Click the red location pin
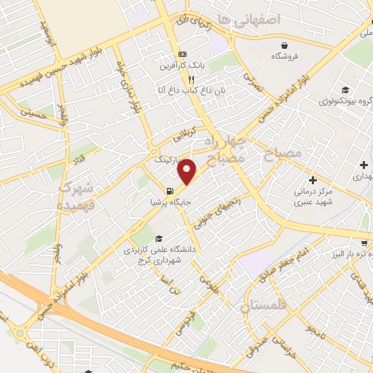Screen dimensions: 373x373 point(187,172)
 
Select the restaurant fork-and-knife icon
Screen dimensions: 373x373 point(191,79)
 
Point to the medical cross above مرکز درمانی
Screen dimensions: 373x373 point(313,180)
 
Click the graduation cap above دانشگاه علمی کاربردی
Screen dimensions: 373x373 point(159,240)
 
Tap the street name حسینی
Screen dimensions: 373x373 point(32,113)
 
